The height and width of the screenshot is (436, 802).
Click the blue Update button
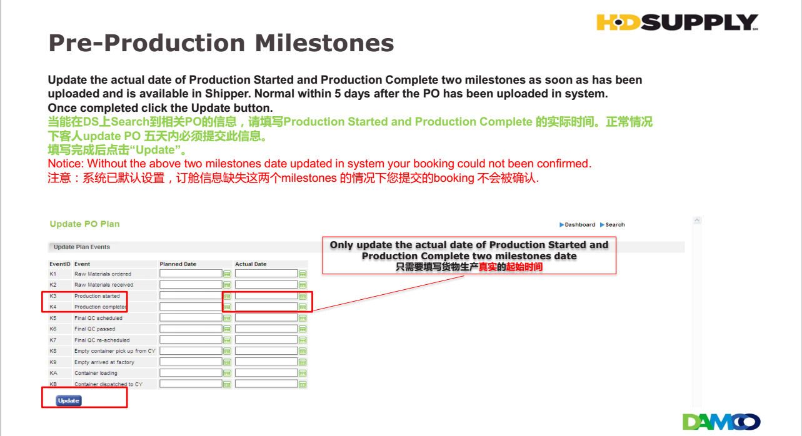69,400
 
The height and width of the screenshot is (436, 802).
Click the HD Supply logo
678,22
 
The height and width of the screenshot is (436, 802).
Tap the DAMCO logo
721,422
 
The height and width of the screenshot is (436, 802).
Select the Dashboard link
578,225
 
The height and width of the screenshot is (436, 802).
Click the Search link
613,225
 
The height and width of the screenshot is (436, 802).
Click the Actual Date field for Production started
266,296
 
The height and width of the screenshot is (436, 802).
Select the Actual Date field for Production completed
266,307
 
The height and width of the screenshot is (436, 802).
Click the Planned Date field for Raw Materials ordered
191,274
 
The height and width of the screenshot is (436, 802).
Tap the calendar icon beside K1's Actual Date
303,274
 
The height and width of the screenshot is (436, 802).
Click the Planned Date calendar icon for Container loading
227,374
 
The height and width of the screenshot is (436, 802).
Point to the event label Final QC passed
95,329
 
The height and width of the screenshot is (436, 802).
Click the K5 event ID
53,318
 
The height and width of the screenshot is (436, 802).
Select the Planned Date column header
178,264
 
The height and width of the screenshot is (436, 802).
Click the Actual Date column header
251,264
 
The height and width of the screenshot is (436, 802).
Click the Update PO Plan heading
84,224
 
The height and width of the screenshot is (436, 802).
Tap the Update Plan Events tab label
82,247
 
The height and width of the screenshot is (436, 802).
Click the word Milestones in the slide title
324,43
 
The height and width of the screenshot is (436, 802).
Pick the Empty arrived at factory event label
104,362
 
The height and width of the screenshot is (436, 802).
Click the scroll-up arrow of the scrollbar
697,220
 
